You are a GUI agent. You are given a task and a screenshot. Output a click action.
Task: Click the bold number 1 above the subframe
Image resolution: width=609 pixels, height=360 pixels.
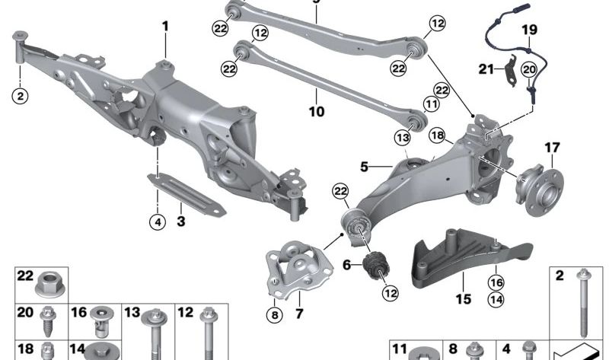pos(166,27)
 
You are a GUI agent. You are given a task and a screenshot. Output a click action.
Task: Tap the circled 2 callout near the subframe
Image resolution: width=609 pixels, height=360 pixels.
pos(21,95)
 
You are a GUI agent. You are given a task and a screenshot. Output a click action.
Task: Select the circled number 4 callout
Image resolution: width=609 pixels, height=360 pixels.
pos(158,222)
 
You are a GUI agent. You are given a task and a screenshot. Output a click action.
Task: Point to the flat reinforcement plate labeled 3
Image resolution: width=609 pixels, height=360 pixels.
pos(187,194)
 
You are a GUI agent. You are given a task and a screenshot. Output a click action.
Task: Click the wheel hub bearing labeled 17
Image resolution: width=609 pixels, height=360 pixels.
pos(539,190)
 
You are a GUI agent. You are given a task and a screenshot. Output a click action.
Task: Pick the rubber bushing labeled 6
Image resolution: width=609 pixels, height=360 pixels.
pos(376,266)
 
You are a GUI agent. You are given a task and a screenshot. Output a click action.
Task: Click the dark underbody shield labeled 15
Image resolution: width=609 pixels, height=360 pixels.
pos(470,257)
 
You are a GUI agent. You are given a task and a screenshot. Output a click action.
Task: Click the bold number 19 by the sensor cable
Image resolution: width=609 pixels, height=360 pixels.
pos(529,30)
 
